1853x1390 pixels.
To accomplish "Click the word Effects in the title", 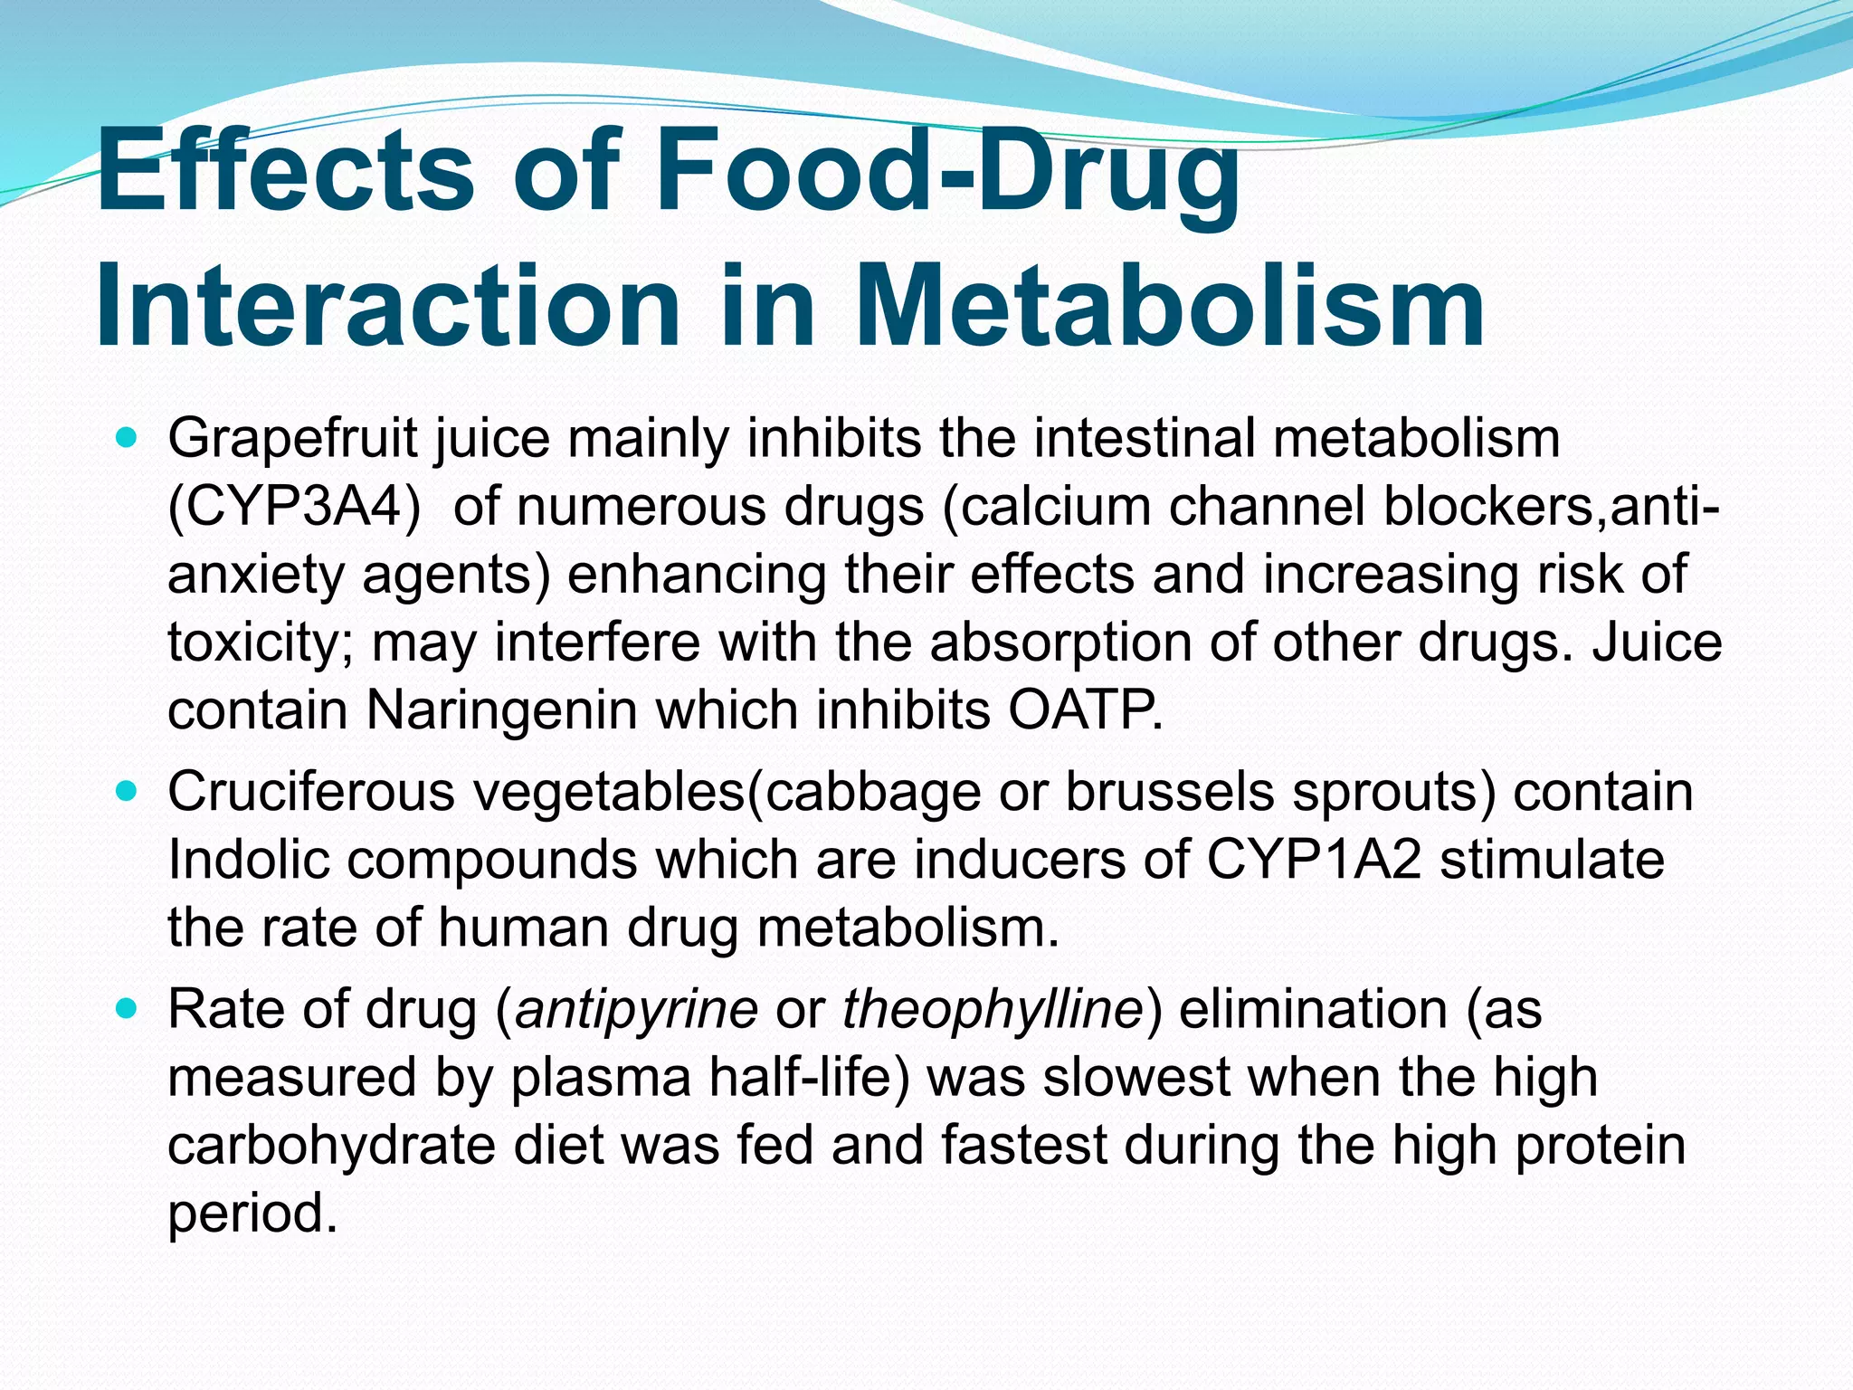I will pyautogui.click(x=284, y=172).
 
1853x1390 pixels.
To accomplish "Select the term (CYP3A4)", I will pyautogui.click(x=295, y=508).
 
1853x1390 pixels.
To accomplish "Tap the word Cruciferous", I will pyautogui.click(x=312, y=793).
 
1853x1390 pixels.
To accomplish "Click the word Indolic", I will pyautogui.click(x=249, y=861).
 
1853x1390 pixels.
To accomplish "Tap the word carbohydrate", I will pyautogui.click(x=331, y=1146).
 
